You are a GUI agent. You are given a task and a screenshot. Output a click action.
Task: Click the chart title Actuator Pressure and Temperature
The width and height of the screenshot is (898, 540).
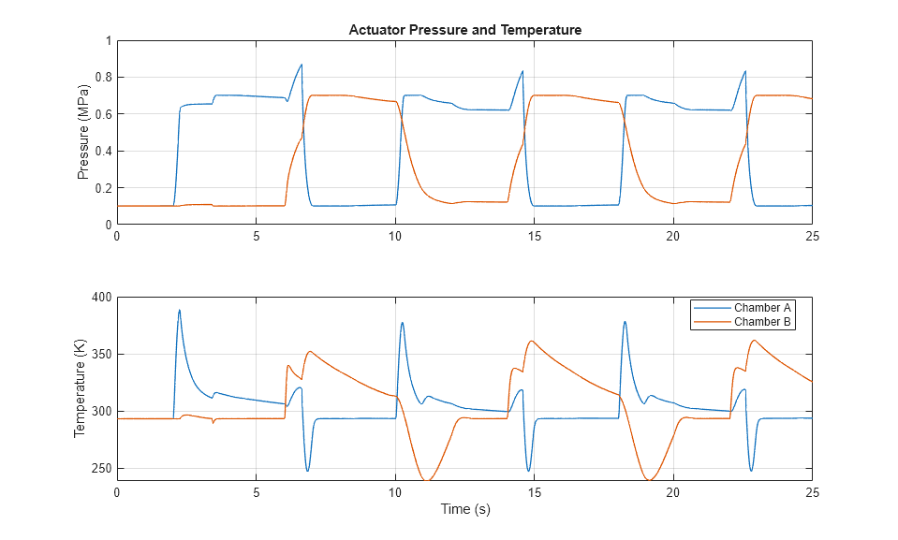pos(464,30)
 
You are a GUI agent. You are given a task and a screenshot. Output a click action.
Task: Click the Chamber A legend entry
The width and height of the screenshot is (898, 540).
pos(761,308)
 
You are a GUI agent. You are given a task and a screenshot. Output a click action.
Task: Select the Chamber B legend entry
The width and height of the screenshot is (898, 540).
pos(761,322)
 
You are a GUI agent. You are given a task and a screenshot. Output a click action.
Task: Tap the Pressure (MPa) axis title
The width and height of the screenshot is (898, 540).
pos(82,133)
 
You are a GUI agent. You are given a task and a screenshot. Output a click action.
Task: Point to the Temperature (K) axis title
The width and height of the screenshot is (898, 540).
pos(80,388)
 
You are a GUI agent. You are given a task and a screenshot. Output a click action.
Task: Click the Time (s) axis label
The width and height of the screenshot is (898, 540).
pos(464,510)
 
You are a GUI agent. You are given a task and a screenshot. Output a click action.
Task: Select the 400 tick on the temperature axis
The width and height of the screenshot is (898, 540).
pos(99,298)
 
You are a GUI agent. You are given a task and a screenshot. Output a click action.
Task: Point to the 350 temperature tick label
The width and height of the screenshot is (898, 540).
pos(99,355)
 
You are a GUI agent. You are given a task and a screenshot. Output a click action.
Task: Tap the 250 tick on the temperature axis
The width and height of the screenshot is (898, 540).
pos(99,469)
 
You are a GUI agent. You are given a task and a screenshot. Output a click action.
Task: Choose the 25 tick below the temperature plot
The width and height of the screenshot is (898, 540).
pos(811,492)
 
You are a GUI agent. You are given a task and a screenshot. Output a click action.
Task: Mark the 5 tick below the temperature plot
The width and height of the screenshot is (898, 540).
pos(256,492)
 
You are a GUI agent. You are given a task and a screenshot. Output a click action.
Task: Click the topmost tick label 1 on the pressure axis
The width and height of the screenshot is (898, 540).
pos(108,41)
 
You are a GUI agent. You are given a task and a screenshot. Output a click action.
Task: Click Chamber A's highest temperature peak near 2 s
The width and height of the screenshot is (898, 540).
pos(179,310)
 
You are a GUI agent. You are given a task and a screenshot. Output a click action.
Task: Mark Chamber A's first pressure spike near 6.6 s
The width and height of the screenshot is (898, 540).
pos(301,65)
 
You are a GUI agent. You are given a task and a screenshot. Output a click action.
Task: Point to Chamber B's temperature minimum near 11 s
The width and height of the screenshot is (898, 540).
pos(428,479)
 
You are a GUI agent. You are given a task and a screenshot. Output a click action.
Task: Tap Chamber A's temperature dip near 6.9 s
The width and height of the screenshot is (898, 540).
pos(307,470)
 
